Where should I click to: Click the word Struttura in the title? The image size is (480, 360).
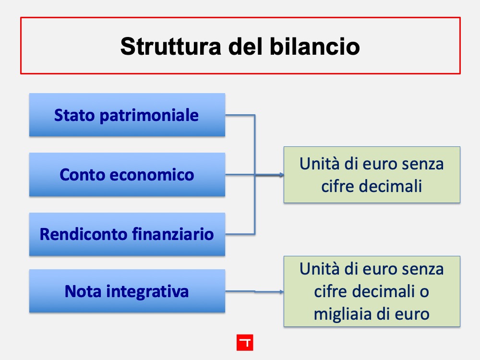170,47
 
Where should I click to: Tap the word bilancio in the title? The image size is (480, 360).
315,47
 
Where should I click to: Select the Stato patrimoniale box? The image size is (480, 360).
127,115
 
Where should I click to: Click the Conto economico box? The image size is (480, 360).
127,175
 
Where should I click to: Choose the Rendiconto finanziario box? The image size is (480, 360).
127,234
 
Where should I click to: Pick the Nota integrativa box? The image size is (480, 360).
127,291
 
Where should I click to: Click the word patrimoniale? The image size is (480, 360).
149,116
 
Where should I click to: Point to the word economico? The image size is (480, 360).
152,175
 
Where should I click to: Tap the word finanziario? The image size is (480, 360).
173,234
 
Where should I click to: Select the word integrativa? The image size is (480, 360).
147,291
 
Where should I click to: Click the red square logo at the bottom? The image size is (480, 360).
245,343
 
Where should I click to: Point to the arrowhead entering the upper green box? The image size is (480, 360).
282,175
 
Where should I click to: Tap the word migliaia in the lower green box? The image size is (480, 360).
343,314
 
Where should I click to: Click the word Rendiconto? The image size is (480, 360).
84,234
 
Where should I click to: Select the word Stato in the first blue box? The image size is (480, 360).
74,115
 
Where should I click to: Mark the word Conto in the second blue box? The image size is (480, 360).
83,175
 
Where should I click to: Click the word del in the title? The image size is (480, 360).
245,47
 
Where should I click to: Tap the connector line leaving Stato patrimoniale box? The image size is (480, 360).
240,115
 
